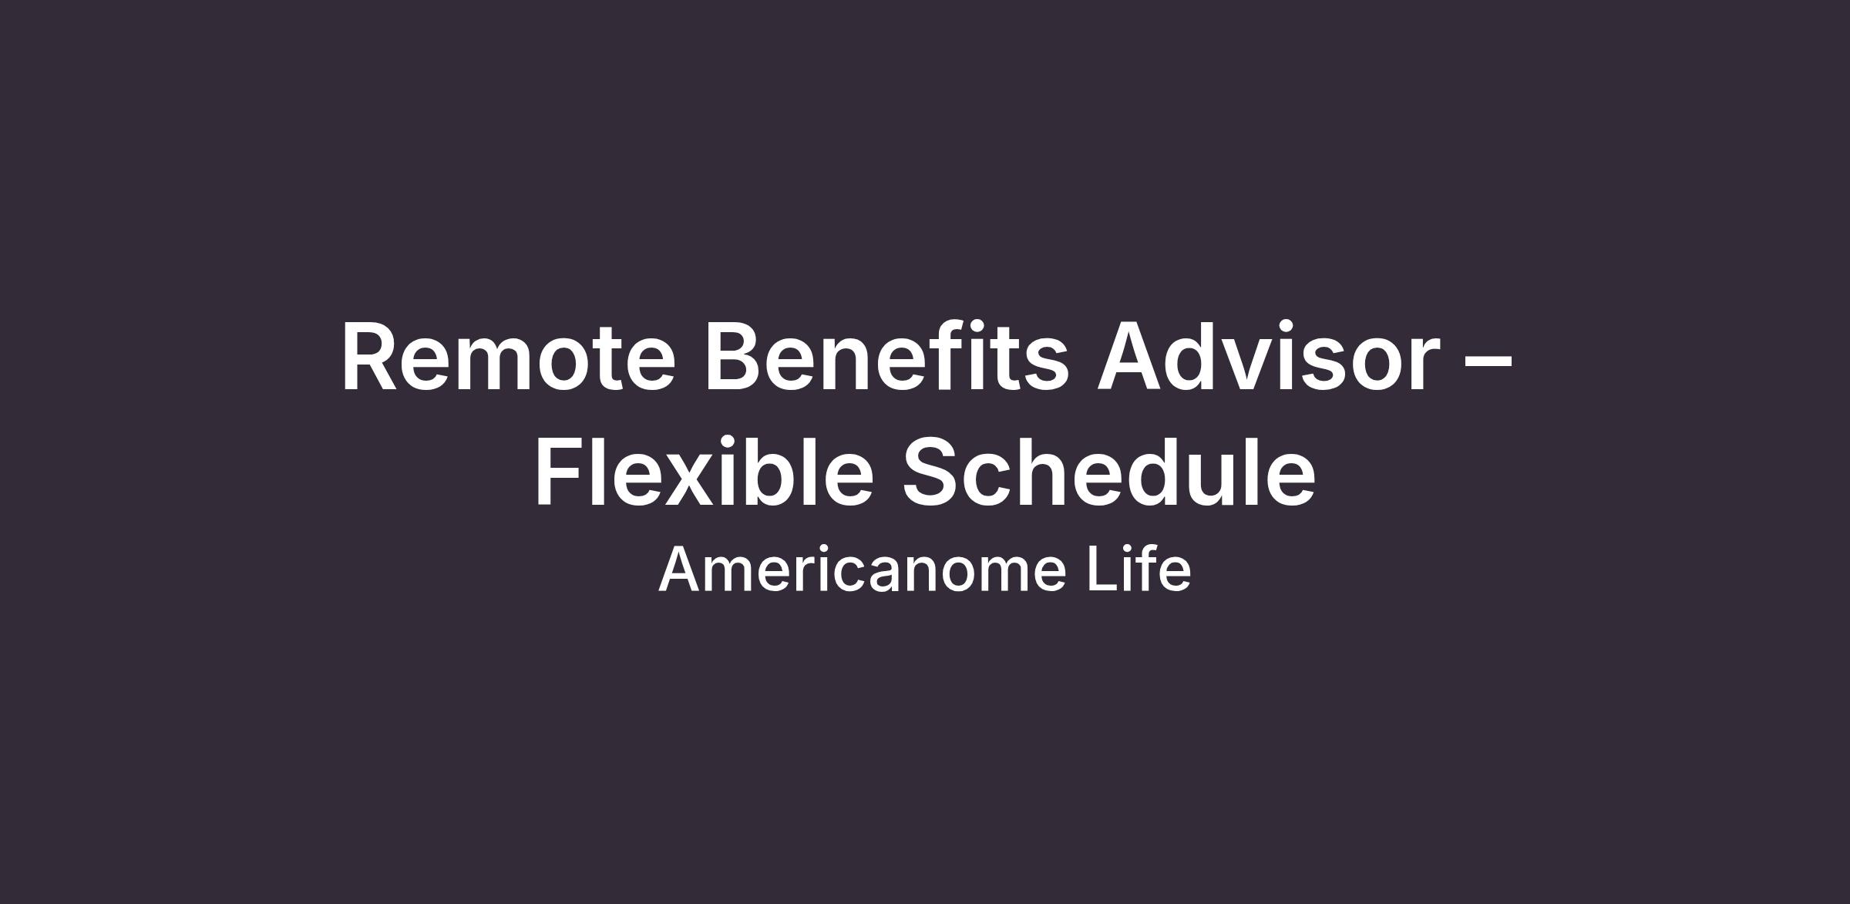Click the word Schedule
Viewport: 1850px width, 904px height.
pyautogui.click(x=1108, y=471)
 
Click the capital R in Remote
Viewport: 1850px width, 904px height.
pyautogui.click(x=373, y=358)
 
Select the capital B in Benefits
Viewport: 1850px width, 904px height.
pyautogui.click(x=735, y=358)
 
